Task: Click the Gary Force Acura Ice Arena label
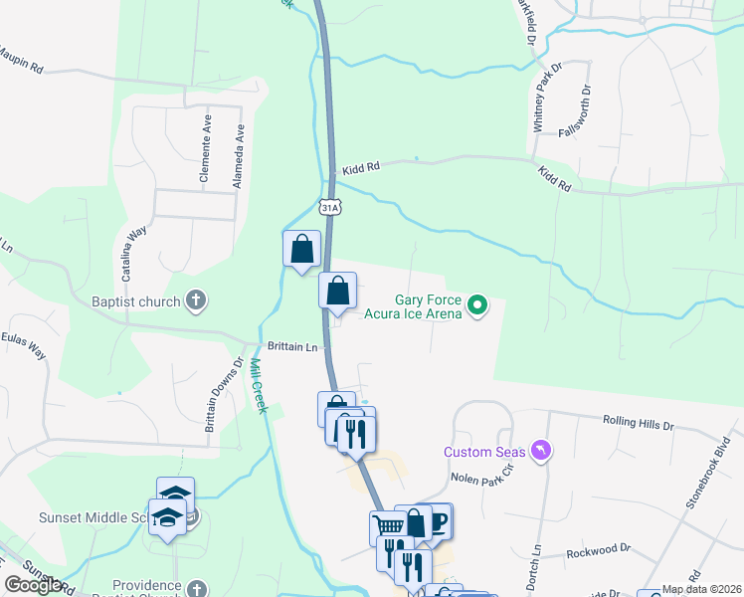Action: tap(428, 305)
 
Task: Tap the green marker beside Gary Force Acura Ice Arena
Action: tap(477, 305)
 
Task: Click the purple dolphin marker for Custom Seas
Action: tap(541, 451)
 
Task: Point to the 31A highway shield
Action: tap(331, 206)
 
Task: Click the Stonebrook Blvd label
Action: tap(707, 473)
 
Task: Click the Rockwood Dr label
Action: tap(598, 548)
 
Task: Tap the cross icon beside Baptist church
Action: tap(197, 300)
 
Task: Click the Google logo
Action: tap(33, 585)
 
